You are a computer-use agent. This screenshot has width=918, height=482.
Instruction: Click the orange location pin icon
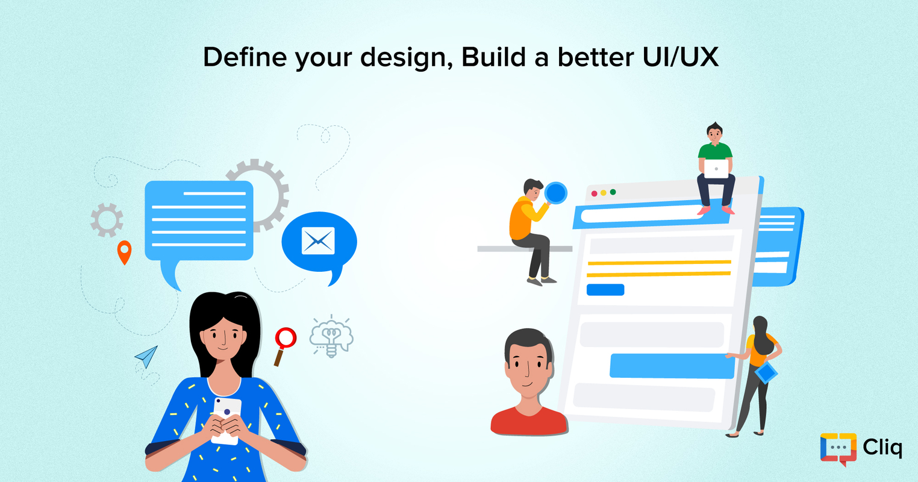tap(124, 252)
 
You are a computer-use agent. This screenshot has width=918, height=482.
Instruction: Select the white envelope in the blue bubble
tap(318, 241)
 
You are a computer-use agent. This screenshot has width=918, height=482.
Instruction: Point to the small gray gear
tap(107, 220)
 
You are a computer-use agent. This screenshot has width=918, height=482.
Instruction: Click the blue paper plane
tap(146, 356)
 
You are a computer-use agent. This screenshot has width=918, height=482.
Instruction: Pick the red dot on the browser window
tap(595, 193)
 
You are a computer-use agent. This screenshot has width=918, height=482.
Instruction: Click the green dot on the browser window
tap(613, 192)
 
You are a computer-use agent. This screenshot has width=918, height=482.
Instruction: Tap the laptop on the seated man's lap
tap(716, 169)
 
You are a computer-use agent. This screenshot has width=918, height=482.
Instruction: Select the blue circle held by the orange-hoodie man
tap(555, 193)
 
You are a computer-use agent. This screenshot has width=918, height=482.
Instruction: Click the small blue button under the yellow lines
tap(605, 290)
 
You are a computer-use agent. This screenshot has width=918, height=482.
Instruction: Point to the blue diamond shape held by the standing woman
tap(766, 372)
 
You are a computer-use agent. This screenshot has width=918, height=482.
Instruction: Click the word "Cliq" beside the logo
tap(882, 448)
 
